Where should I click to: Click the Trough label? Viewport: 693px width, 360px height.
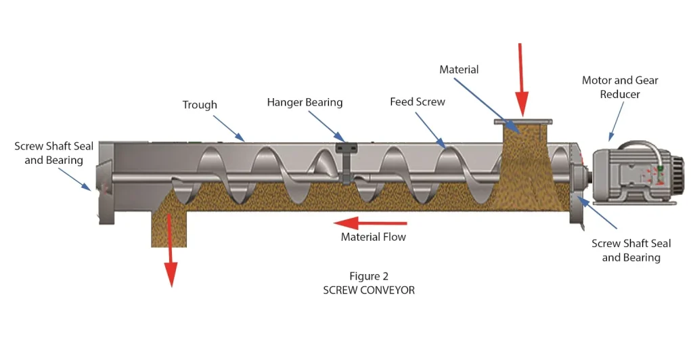coord(200,105)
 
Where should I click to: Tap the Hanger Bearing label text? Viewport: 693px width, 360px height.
coord(305,103)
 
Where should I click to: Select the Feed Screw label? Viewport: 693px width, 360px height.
coord(418,102)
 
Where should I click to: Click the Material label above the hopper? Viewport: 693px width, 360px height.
coord(459,70)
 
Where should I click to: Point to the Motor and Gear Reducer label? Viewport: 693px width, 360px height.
coord(620,87)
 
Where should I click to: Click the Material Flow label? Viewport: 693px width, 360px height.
coord(374,238)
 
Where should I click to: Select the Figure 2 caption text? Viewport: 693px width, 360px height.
coord(369,276)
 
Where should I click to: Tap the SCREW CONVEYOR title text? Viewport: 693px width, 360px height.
coord(369,290)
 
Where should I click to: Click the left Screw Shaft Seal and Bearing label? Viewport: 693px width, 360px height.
coord(54,154)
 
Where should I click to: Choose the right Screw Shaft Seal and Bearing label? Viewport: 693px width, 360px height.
coord(631,250)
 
